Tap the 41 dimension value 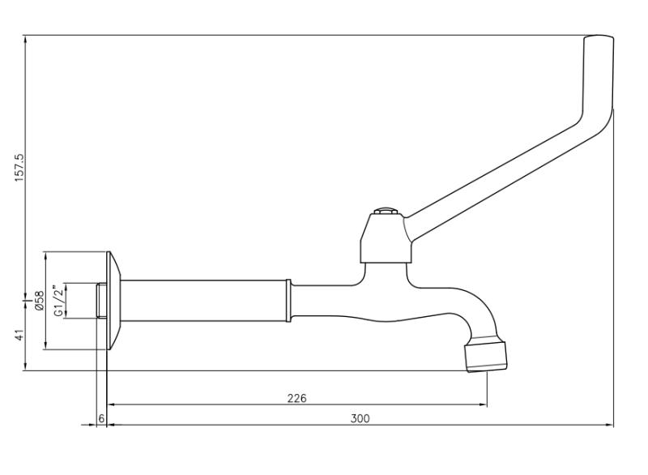pos(19,335)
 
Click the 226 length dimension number pos(297,398)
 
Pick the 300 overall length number pos(360,418)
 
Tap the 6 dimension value pos(101,418)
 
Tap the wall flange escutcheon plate pos(113,300)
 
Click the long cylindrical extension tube pos(202,300)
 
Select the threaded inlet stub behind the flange pos(100,300)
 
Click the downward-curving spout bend pos(478,312)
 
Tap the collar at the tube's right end pos(288,300)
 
